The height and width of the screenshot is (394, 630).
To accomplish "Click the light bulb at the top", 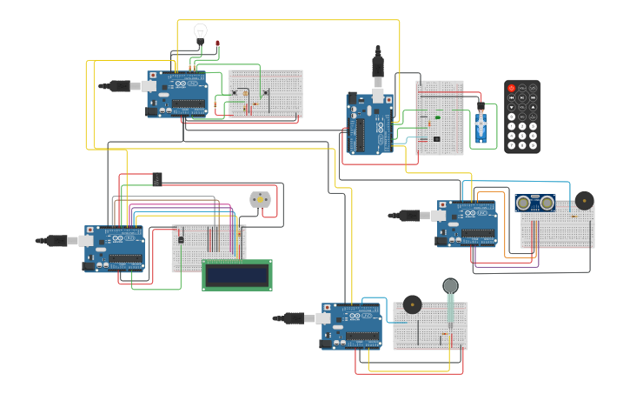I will (x=201, y=33).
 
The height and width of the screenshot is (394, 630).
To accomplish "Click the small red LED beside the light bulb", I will (x=217, y=43).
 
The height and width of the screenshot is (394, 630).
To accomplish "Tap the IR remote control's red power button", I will (x=511, y=89).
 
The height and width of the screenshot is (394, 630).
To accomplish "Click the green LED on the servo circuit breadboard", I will (x=437, y=117).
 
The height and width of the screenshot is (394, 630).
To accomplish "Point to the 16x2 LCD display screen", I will (x=236, y=275).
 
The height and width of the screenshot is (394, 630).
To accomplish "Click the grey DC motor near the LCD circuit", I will (x=260, y=199).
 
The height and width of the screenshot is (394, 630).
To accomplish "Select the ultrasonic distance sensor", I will (x=534, y=203).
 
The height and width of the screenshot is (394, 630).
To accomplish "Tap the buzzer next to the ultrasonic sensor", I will (x=584, y=201).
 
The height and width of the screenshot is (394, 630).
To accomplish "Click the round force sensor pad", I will (x=450, y=285).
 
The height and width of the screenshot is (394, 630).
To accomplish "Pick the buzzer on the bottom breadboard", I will (x=412, y=304).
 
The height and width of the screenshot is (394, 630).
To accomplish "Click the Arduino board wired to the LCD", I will (x=115, y=249).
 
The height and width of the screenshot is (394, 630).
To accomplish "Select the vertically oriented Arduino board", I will (x=370, y=124).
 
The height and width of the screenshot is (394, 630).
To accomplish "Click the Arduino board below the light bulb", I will (x=177, y=94).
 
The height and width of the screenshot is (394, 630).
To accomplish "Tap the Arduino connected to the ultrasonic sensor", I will (x=467, y=224).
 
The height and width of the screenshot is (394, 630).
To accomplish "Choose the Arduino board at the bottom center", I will (x=351, y=325).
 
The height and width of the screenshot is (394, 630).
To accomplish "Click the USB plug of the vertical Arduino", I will (x=377, y=67).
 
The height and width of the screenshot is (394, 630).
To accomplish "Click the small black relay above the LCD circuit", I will (x=156, y=179).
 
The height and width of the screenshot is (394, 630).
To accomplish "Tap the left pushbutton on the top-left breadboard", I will (x=234, y=92).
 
